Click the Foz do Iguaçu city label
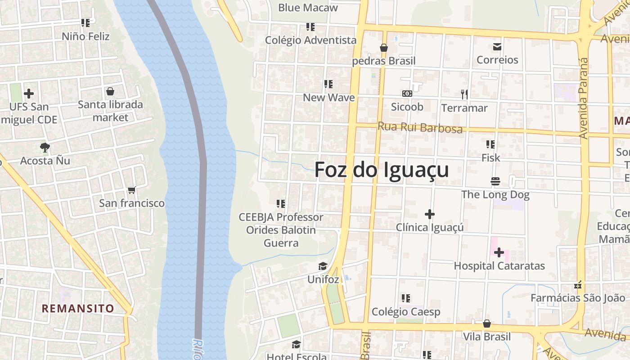click(381, 170)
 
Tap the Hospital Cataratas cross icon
click(499, 253)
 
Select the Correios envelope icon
click(497, 47)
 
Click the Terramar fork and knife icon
click(464, 94)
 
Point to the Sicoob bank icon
click(407, 94)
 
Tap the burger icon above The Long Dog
click(495, 182)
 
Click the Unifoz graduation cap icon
click(323, 266)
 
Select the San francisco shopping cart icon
click(131, 190)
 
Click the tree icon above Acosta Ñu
click(45, 147)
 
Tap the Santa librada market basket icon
click(110, 92)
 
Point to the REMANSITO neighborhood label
click(78, 308)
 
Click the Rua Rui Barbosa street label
click(420, 127)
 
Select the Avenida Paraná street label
click(584, 98)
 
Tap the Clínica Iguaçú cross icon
click(430, 214)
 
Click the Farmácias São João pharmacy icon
click(578, 285)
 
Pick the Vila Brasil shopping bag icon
click(486, 324)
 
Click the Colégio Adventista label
click(310, 40)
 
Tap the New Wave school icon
click(328, 84)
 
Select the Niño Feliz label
click(85, 36)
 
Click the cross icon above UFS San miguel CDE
click(29, 94)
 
